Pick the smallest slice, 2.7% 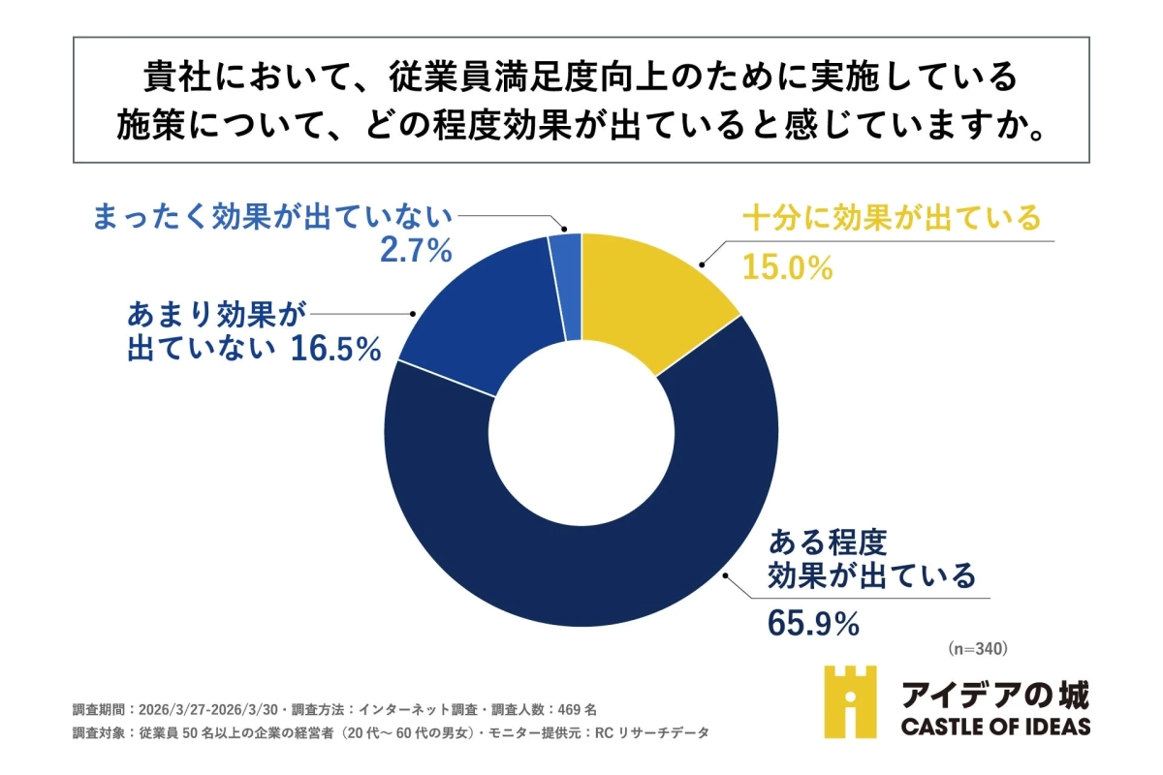pos(566,286)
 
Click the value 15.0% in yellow pos(787,265)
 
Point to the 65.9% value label pos(813,623)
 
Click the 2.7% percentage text pos(414,252)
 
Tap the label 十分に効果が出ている pos(891,218)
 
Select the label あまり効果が pos(209,315)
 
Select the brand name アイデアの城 pos(995,694)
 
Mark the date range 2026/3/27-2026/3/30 pos(212,708)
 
